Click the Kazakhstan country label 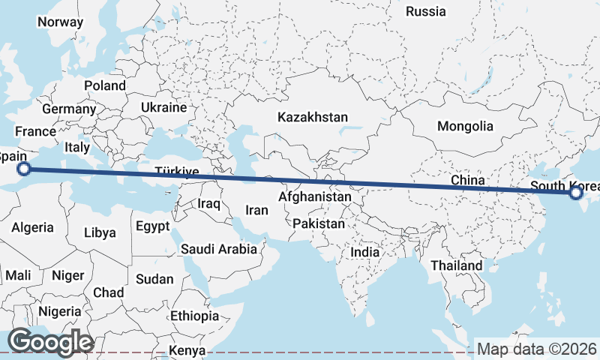(x=313, y=117)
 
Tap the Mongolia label (x=466, y=126)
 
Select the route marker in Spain (x=24, y=169)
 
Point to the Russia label (x=425, y=11)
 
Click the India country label (x=365, y=252)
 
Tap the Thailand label (x=457, y=265)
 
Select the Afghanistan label (x=314, y=197)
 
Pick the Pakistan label (x=319, y=223)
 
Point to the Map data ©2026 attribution (x=536, y=349)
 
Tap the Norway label (x=60, y=22)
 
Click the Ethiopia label (x=194, y=316)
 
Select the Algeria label (x=32, y=226)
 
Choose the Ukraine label (x=163, y=107)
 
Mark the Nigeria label (x=59, y=310)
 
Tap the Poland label (x=105, y=85)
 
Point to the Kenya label (x=187, y=350)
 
